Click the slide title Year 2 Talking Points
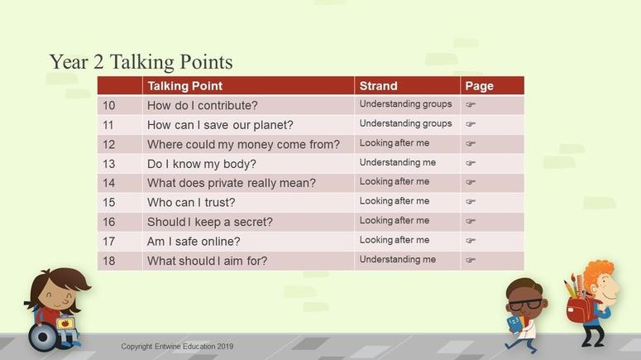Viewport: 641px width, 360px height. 141,62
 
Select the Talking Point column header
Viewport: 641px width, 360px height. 185,86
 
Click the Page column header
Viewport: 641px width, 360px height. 479,86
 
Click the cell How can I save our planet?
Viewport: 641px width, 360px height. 220,125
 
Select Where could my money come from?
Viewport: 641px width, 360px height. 243,144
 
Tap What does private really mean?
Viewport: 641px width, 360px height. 232,183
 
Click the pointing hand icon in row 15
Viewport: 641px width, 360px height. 471,201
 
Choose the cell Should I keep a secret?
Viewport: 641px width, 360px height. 210,222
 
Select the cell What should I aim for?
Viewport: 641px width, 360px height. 207,261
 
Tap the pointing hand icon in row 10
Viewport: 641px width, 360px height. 471,105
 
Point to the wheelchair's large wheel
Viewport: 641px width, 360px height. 43,337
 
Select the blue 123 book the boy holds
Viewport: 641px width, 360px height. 514,324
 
